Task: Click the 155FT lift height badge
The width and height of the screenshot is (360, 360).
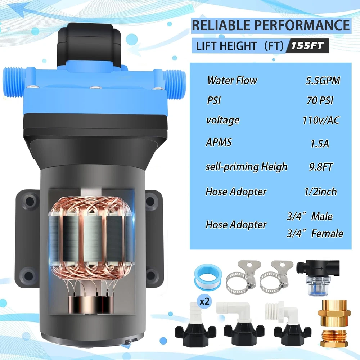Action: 307,45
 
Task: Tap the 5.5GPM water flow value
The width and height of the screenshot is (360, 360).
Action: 323,80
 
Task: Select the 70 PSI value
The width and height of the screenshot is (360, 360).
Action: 320,100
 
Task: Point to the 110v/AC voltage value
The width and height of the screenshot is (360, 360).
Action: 321,120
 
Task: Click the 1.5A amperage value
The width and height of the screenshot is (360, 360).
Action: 320,144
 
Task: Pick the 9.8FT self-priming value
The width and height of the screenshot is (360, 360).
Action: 320,167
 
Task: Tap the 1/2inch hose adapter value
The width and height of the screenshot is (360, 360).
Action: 320,192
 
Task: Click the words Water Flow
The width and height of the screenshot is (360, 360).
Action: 232,80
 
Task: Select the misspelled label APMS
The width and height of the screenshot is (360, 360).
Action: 219,142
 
